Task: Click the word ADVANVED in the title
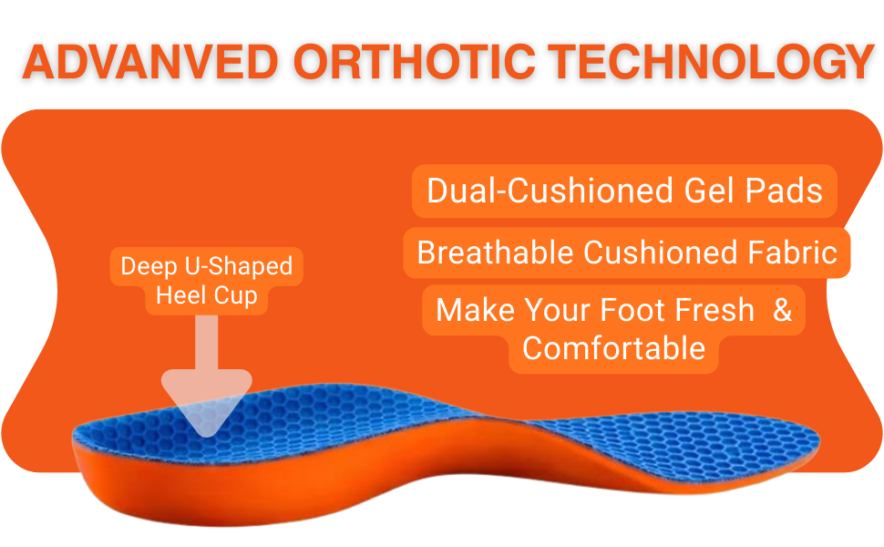point(150,61)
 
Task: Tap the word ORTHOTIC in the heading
point(415,61)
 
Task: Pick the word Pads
point(785,190)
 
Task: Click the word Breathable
point(495,252)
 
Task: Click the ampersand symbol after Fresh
point(783,310)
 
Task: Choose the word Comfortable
point(613,348)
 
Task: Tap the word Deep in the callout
point(149,267)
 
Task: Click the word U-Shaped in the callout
point(239,267)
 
